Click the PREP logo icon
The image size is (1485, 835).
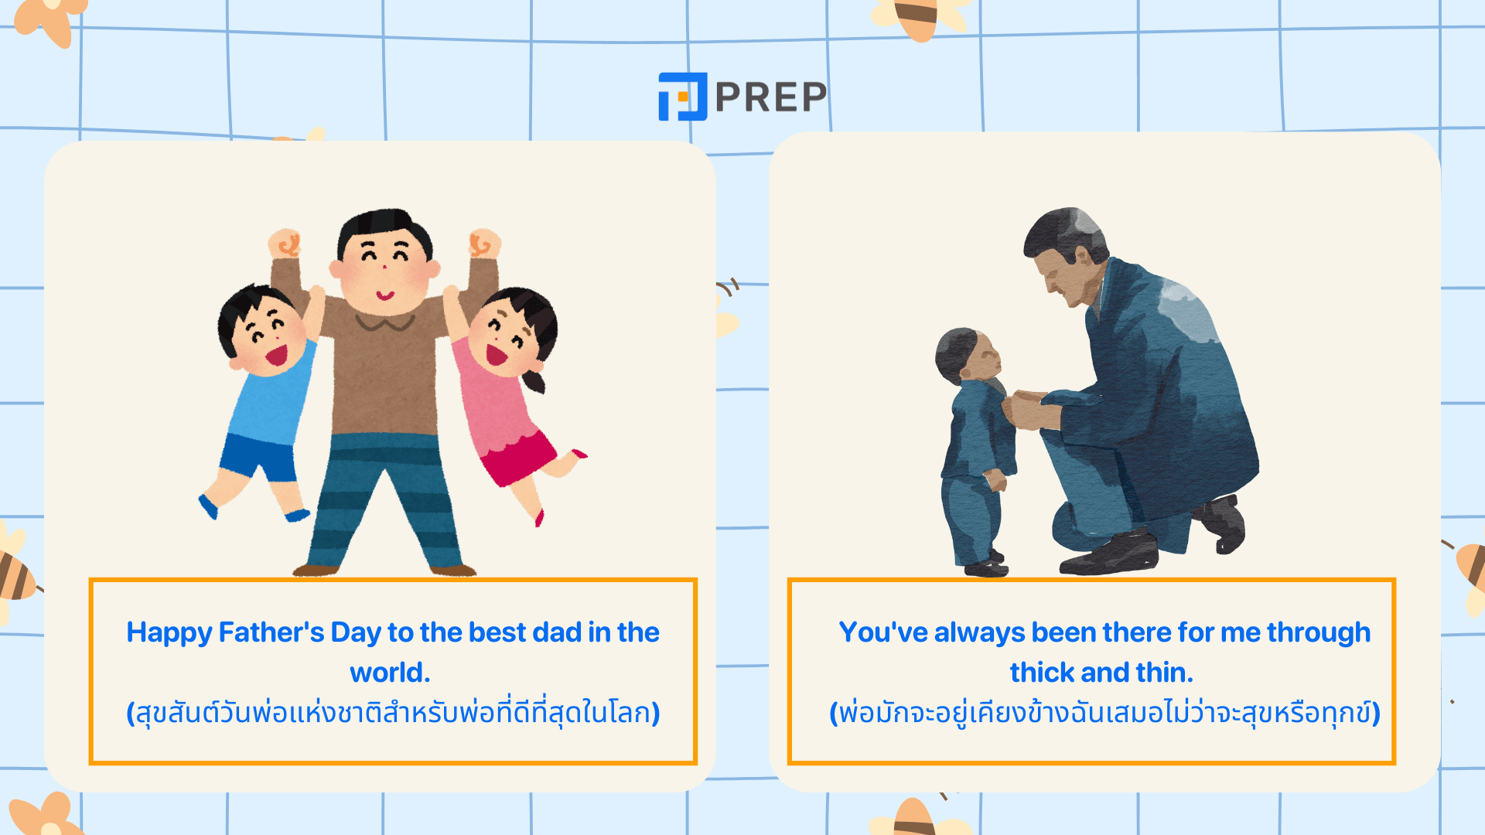[682, 97]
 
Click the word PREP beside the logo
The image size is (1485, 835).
[771, 97]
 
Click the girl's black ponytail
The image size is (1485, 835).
[534, 380]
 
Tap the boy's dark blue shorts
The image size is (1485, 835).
[258, 458]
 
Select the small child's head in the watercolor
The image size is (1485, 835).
[968, 355]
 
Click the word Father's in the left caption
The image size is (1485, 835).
[271, 632]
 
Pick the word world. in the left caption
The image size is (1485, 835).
[390, 673]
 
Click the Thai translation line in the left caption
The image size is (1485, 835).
[393, 713]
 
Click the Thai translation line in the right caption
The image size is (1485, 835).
[1104, 713]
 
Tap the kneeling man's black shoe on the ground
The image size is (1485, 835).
[1111, 554]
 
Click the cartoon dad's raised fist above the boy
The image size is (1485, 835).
[285, 243]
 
